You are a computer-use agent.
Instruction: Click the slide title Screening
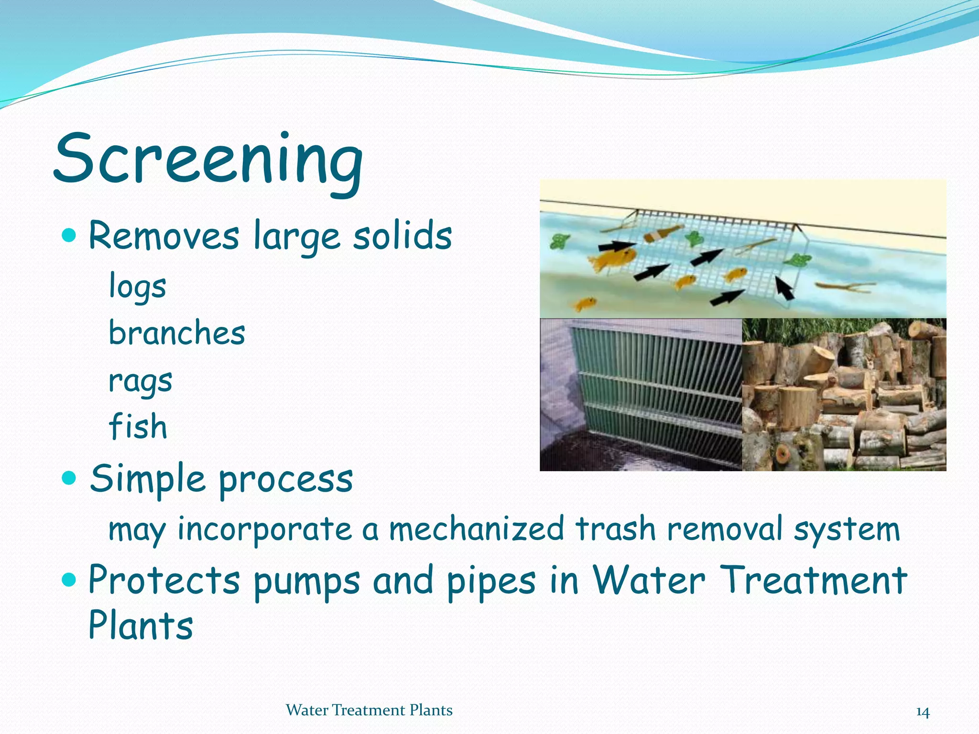tap(208, 160)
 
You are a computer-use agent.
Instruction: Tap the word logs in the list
tap(138, 286)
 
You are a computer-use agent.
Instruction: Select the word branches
tap(177, 333)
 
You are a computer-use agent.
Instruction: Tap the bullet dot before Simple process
tap(70, 477)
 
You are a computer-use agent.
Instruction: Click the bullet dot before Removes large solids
tap(70, 235)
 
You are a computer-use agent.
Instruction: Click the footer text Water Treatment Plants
tap(369, 710)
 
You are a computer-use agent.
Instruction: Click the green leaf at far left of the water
tap(557, 241)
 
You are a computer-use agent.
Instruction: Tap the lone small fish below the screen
tap(585, 303)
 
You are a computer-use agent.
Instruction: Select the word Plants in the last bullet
tap(141, 626)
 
